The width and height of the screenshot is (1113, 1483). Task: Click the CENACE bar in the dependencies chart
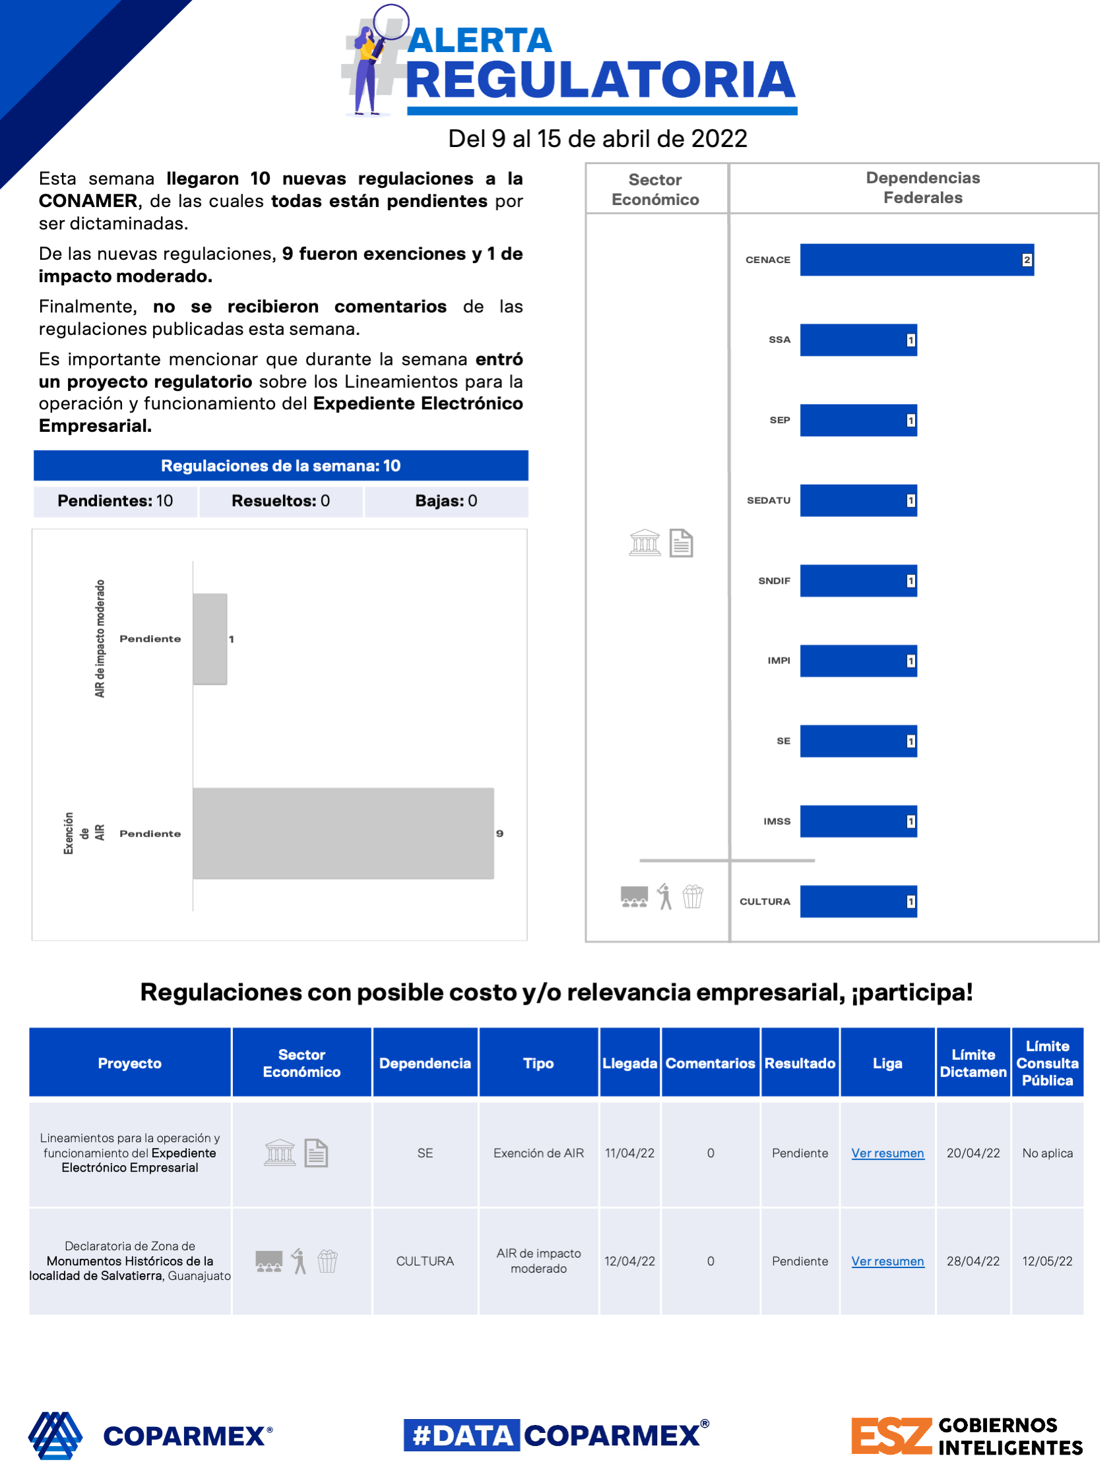coord(916,259)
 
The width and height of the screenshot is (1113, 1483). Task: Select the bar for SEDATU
coord(858,500)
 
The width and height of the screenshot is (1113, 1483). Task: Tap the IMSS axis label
coord(777,821)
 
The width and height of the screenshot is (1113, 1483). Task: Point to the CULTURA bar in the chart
coord(858,901)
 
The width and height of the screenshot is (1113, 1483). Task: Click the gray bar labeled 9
coord(343,833)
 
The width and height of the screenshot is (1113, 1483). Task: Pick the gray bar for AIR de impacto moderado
coord(210,638)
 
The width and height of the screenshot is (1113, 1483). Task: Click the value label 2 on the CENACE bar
coord(1026,259)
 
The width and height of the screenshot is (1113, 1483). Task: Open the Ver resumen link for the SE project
coord(887,1153)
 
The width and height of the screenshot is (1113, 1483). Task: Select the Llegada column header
coord(629,1063)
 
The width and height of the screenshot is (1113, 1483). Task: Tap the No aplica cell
coord(1046,1153)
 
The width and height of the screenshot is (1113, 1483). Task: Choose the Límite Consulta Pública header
coord(1046,1063)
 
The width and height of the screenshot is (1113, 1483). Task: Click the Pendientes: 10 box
coord(115,500)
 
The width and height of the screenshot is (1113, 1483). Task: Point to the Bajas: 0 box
coord(446,500)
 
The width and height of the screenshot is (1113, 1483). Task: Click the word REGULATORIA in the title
coord(600,80)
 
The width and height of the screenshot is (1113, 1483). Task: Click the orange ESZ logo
coord(891,1436)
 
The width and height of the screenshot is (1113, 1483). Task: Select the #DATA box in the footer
coord(462,1436)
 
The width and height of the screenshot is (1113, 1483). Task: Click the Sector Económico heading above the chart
coord(654,189)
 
